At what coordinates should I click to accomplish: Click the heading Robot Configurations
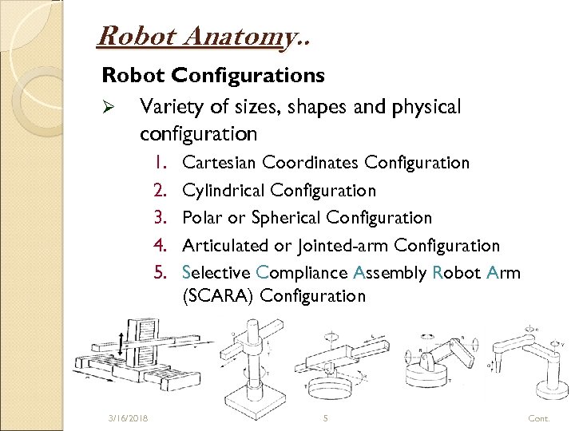click(x=212, y=75)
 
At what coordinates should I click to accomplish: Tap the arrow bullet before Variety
click(x=111, y=108)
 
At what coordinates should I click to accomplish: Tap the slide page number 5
click(x=326, y=417)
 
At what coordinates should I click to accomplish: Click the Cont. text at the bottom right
click(x=539, y=417)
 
